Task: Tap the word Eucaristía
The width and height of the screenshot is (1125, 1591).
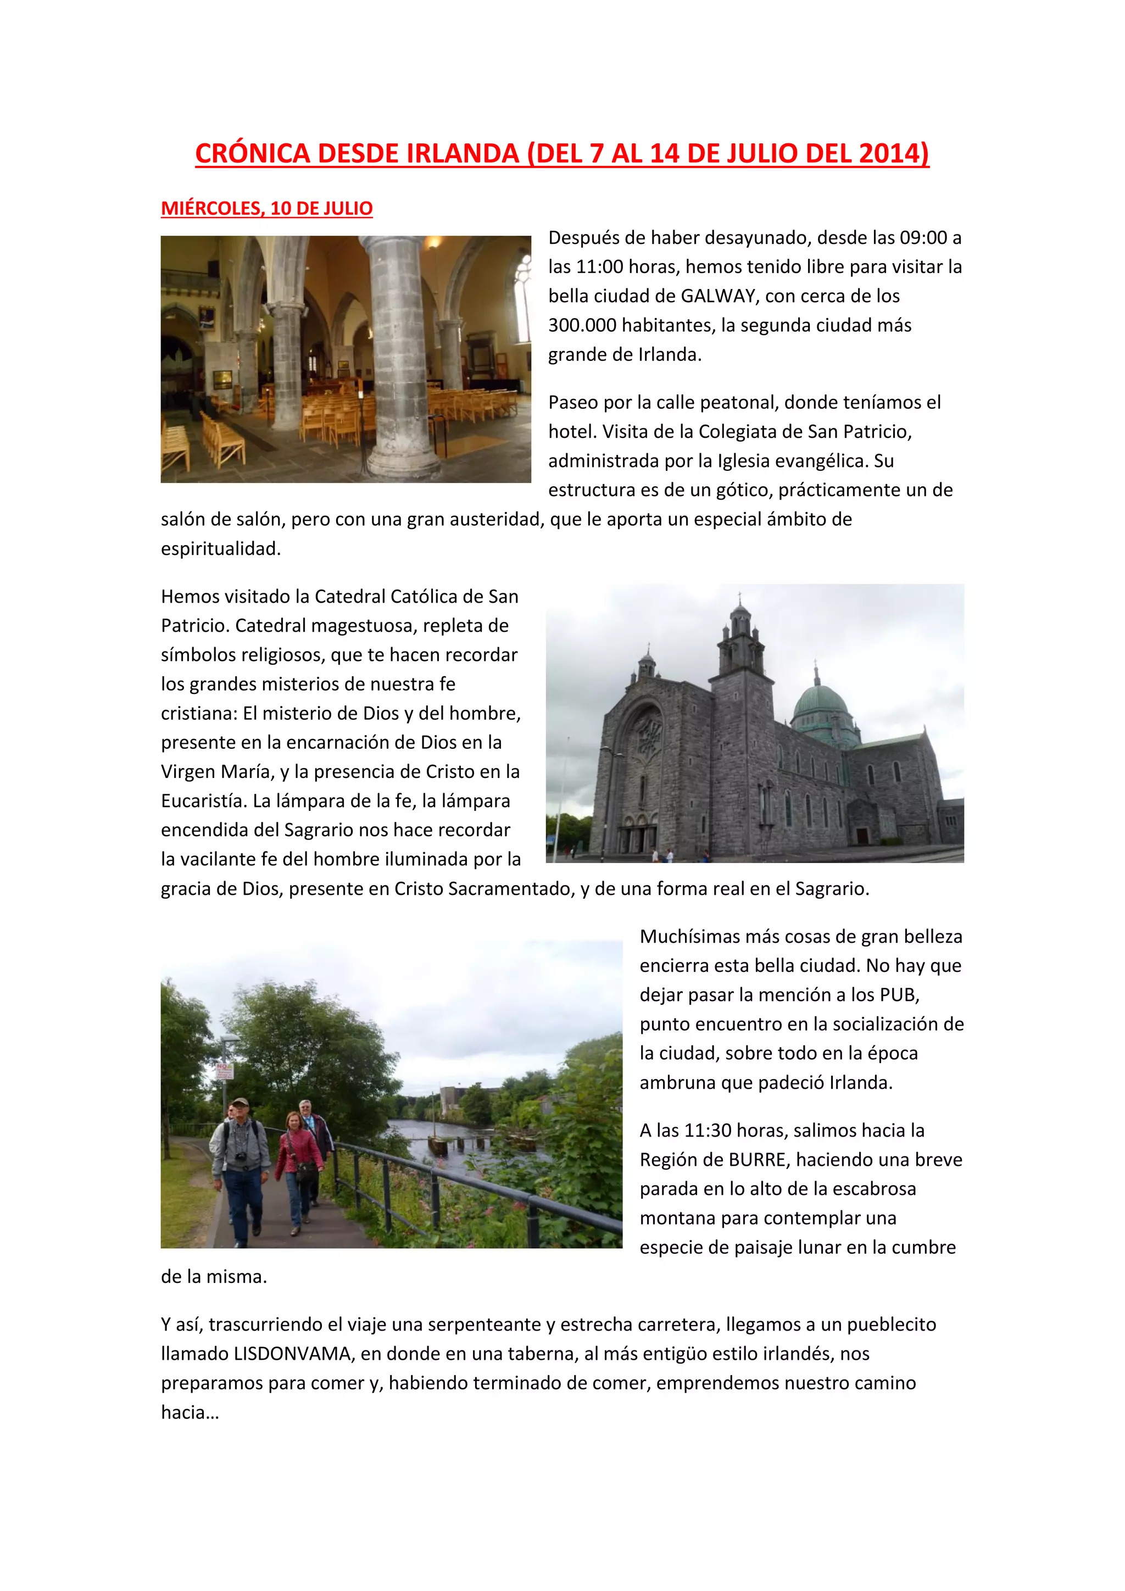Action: [204, 801]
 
